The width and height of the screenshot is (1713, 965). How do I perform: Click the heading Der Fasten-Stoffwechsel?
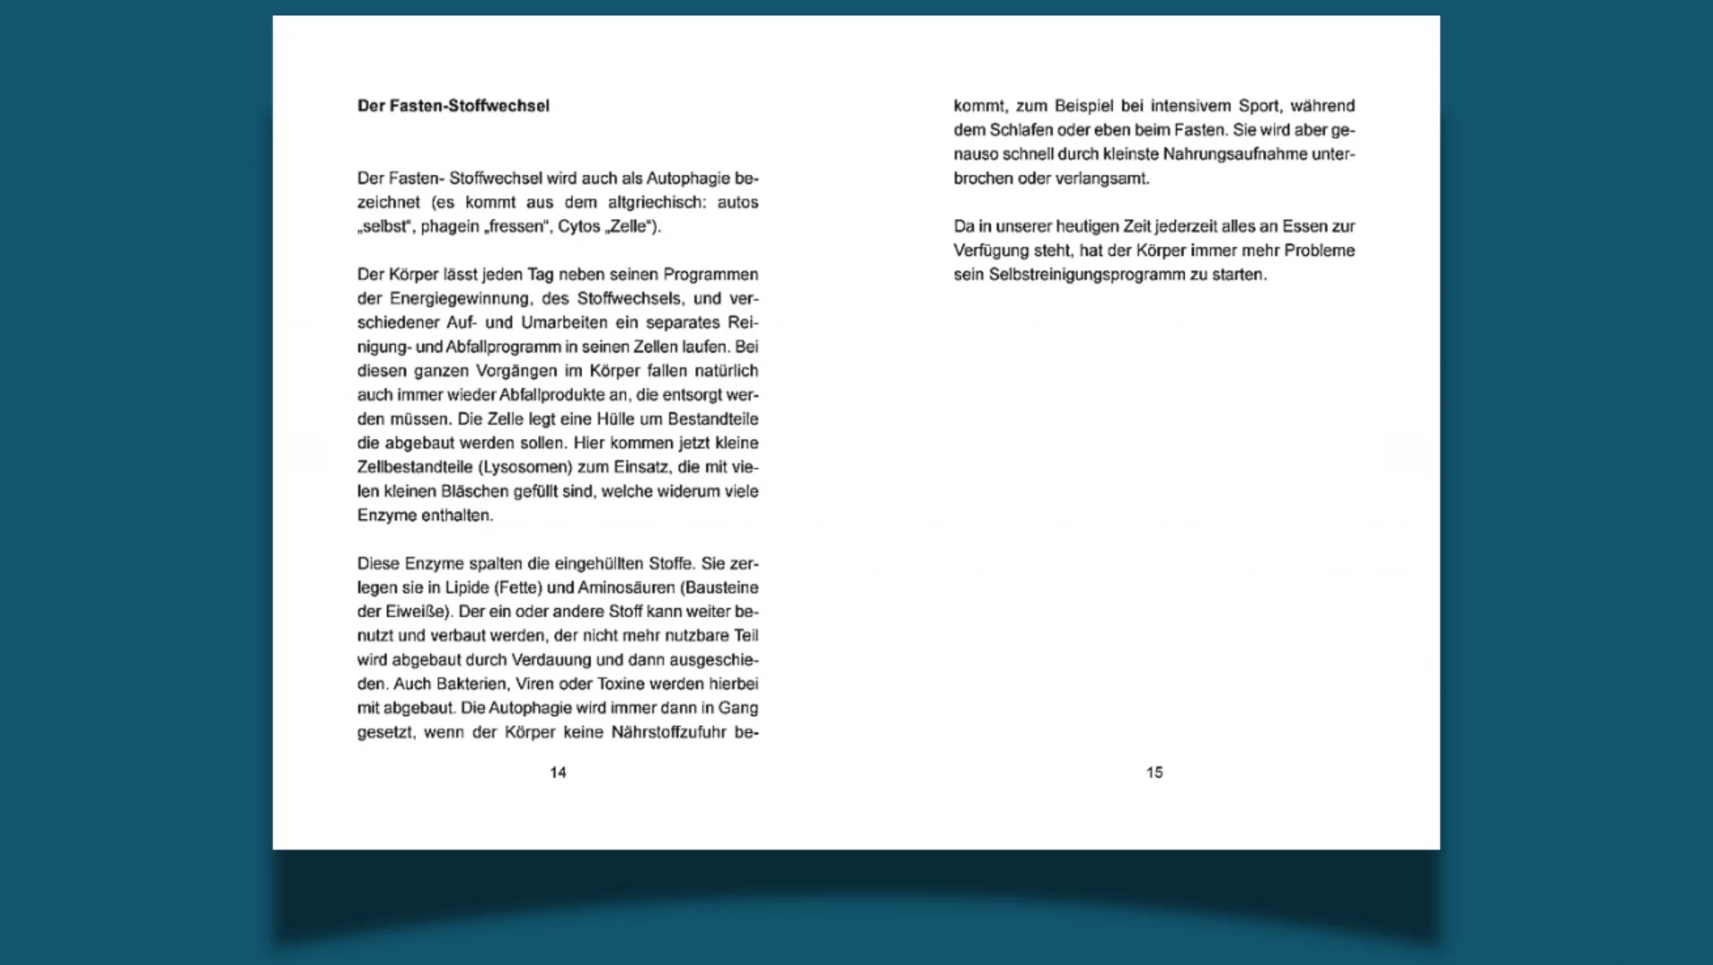pyautogui.click(x=453, y=106)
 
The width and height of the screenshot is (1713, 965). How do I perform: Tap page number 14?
pyautogui.click(x=558, y=772)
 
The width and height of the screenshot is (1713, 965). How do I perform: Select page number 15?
pyautogui.click(x=1154, y=772)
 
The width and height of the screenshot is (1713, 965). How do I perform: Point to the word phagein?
pyautogui.click(x=450, y=227)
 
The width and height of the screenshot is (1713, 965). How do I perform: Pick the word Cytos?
pyautogui.click(x=579, y=227)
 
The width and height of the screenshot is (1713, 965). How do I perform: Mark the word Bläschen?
pyautogui.click(x=474, y=491)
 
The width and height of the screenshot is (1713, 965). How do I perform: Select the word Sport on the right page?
pyautogui.click(x=1258, y=106)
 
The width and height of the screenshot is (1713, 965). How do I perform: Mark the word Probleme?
pyautogui.click(x=1319, y=251)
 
